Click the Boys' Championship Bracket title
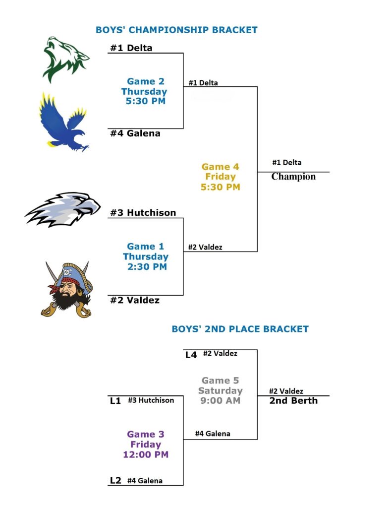coord(176,30)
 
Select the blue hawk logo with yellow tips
coord(63,122)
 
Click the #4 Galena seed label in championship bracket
coord(135,133)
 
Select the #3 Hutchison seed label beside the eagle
coord(143,212)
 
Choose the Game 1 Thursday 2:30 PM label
coord(145,256)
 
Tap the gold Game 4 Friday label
coord(221,177)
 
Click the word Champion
coord(293,176)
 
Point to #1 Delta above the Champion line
coord(287,162)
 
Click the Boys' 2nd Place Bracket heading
coord(240,329)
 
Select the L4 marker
coord(191,355)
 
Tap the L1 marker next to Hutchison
coord(115,401)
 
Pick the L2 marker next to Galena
coord(115,481)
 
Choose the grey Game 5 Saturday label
coord(220,390)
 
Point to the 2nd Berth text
coord(293,401)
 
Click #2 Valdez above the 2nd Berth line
coord(286,391)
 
